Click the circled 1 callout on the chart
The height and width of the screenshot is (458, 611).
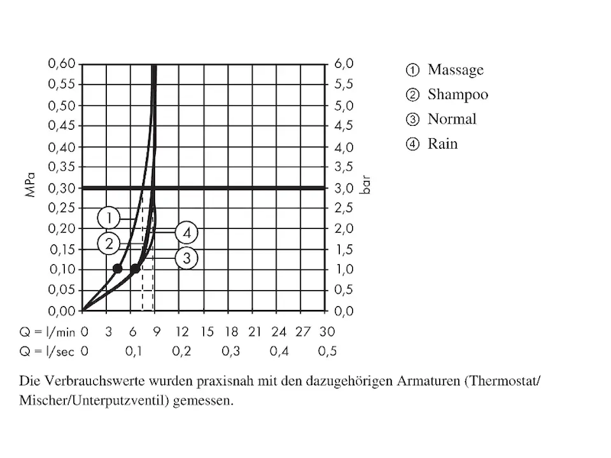[x=109, y=217]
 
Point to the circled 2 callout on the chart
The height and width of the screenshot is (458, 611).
[x=109, y=244]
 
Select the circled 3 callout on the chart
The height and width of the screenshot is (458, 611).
[x=186, y=258]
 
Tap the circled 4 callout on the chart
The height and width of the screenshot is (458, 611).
[x=186, y=232]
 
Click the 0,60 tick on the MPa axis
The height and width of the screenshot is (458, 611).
[x=62, y=64]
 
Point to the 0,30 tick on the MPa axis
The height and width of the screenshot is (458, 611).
[x=62, y=188]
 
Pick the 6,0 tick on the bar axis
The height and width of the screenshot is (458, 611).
[x=343, y=64]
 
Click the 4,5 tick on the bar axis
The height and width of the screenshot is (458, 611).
[x=343, y=126]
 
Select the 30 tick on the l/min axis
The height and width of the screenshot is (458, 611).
[x=328, y=332]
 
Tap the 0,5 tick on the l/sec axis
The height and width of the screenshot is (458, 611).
[x=328, y=351]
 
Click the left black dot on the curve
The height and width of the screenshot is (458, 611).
[x=118, y=269]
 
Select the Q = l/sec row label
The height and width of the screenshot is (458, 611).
[x=47, y=351]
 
